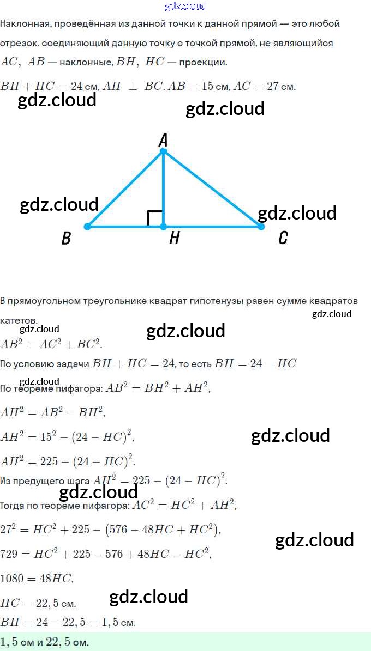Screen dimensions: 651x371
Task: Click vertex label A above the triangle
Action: click(163, 141)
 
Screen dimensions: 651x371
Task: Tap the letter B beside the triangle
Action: click(66, 238)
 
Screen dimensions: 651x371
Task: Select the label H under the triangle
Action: click(174, 238)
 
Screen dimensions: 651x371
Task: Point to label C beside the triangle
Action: click(283, 238)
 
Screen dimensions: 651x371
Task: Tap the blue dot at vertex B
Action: click(87, 226)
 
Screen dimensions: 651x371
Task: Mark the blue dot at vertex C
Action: click(260, 226)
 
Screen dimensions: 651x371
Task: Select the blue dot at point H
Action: click(163, 226)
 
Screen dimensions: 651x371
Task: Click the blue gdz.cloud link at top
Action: click(185, 6)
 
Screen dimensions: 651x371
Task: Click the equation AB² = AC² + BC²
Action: click(51, 344)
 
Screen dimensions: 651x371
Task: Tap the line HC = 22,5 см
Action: click(38, 603)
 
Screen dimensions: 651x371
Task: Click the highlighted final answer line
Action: click(45, 642)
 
